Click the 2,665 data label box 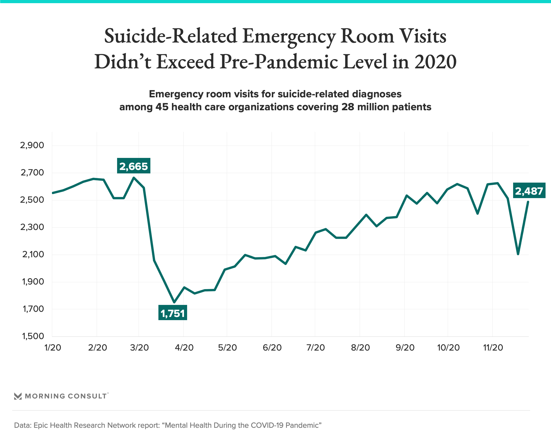click(133, 166)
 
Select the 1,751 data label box click(172, 313)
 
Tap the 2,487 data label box click(529, 191)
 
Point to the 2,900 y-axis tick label click(32, 145)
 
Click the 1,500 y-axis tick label click(33, 336)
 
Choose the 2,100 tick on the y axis click(33, 254)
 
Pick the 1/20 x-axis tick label click(53, 348)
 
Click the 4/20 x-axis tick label click(184, 348)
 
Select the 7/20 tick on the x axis click(315, 348)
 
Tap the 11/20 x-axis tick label click(493, 348)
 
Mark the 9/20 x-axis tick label click(405, 348)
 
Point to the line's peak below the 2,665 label click(134, 178)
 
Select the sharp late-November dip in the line click(518, 254)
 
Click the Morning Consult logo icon click(18, 396)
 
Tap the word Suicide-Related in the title click(170, 36)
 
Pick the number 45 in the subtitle click(162, 107)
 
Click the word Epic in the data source click(41, 425)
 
